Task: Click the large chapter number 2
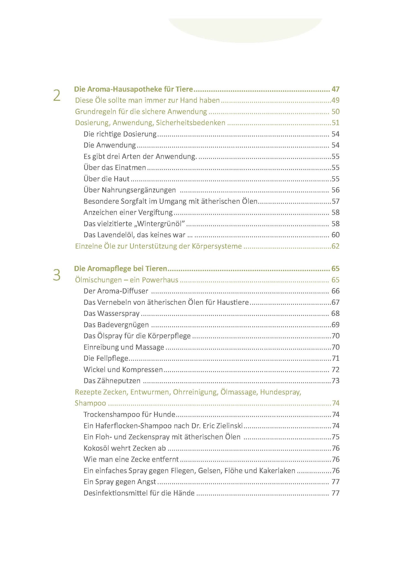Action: click(x=57, y=96)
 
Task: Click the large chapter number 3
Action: click(x=57, y=275)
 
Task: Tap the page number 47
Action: click(x=335, y=89)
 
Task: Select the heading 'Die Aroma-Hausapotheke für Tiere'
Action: click(x=133, y=89)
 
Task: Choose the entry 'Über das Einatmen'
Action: click(x=115, y=168)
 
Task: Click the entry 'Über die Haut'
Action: click(x=106, y=179)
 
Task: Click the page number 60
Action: click(x=335, y=235)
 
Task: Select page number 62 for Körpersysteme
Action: click(x=335, y=246)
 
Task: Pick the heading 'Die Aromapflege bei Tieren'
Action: click(x=121, y=269)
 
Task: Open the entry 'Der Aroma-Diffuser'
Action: click(x=116, y=291)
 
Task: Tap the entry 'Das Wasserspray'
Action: click(x=112, y=313)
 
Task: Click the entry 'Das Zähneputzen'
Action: click(x=112, y=381)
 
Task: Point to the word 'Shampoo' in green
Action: click(x=90, y=403)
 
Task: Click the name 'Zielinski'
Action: click(x=229, y=426)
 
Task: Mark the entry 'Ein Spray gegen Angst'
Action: click(x=120, y=482)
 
